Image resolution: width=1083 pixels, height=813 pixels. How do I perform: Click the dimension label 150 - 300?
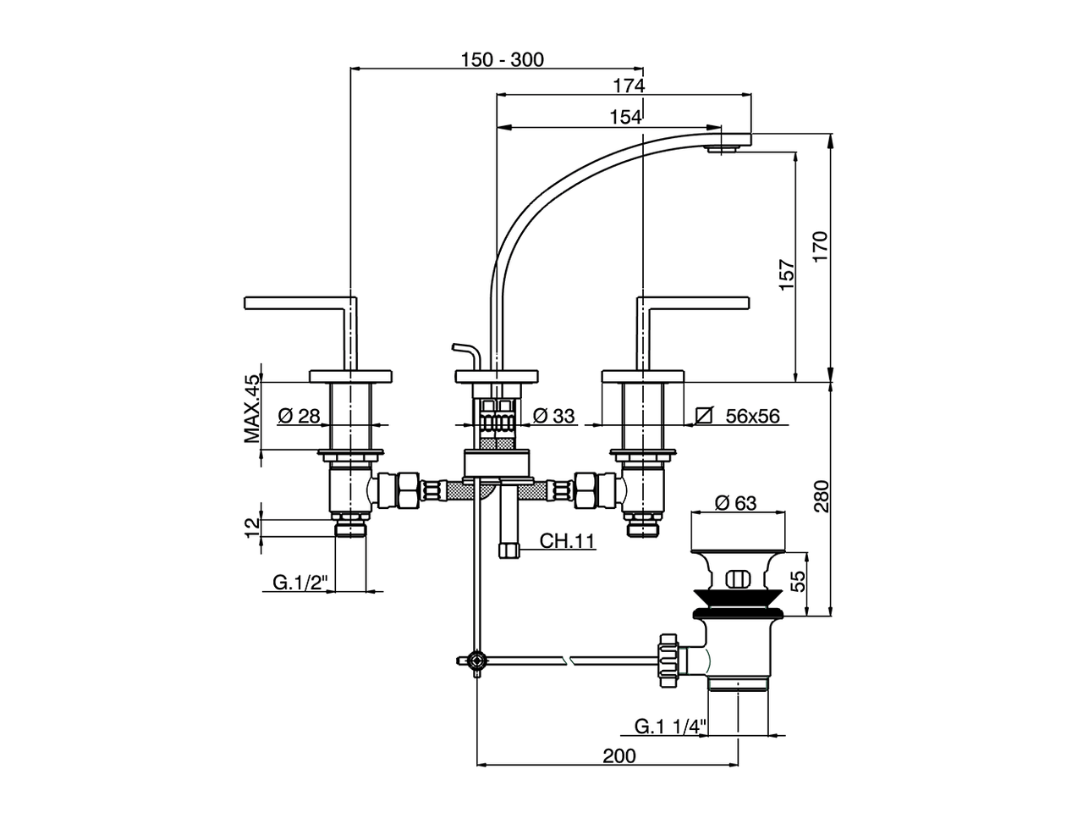(503, 59)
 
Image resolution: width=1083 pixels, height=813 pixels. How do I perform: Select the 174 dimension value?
(629, 86)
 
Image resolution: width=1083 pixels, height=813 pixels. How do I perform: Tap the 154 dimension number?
(624, 118)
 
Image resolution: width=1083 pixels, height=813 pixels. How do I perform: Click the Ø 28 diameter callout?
(299, 416)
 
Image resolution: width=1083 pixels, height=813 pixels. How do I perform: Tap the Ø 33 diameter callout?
(554, 416)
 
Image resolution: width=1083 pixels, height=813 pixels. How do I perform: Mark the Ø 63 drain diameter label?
(735, 503)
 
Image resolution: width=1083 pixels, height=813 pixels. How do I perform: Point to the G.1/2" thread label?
(300, 583)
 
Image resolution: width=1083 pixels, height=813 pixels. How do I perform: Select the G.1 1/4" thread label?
(670, 726)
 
